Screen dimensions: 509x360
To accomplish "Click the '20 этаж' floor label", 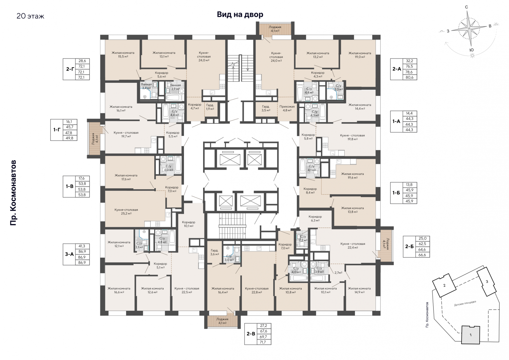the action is (30, 16).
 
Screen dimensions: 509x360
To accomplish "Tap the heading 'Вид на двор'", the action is (240, 14).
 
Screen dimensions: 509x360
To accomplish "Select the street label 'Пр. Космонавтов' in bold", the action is (13, 193).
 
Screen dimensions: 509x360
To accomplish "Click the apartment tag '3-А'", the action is (69, 254).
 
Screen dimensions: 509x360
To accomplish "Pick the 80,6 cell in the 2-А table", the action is (410, 77).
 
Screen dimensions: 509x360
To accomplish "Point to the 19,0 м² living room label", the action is (360, 55).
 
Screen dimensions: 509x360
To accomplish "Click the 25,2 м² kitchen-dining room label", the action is (126, 211).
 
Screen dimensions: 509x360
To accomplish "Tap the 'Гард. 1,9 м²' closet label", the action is (210, 107).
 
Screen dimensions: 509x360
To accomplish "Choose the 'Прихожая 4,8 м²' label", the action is (287, 108).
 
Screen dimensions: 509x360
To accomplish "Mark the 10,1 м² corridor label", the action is (188, 224).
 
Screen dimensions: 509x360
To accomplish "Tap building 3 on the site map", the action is (486, 282).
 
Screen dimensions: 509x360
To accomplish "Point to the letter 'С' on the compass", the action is (467, 7).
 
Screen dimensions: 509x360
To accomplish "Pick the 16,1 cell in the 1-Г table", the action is (70, 122).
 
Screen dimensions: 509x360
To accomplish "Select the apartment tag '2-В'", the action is (251, 334).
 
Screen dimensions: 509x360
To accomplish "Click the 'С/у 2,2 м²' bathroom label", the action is (303, 238).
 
